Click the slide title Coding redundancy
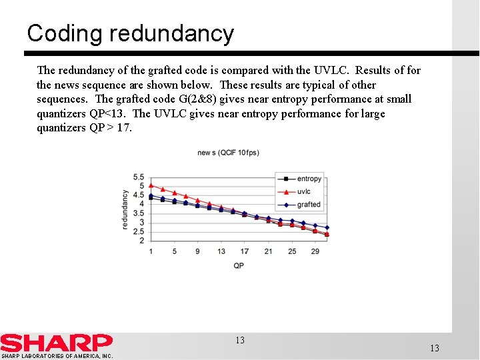tap(131, 33)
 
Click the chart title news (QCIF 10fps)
tap(228, 153)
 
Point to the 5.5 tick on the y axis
tap(138, 177)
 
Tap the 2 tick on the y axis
tap(141, 241)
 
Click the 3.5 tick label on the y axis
tap(138, 213)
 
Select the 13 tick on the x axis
tap(221, 251)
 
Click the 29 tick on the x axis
tap(315, 251)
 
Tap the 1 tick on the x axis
tap(151, 251)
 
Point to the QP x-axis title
tap(239, 266)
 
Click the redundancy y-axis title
tap(125, 209)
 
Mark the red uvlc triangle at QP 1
tap(151, 185)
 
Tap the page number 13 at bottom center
tap(240, 340)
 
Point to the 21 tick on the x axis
tap(268, 251)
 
